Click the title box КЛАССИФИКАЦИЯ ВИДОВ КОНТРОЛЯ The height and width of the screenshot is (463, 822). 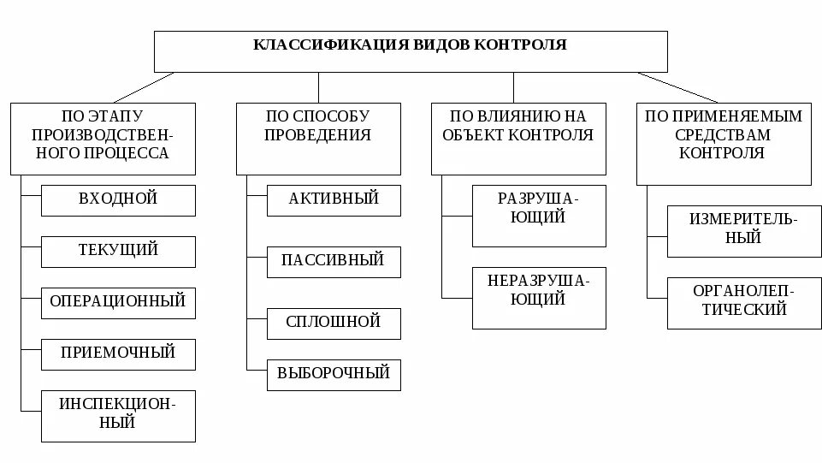pos(411,51)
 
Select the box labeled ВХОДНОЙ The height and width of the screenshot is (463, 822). pos(118,199)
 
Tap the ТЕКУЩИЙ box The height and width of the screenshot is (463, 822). pos(118,251)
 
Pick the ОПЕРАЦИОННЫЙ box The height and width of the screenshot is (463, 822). pos(118,302)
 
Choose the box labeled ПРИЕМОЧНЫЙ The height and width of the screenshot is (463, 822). pos(118,353)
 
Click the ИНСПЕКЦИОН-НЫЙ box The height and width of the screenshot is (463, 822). pos(118,415)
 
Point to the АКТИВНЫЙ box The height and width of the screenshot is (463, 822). pos(334,199)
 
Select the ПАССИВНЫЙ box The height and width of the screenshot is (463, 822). pos(334,261)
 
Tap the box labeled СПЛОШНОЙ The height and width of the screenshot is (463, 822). pos(334,323)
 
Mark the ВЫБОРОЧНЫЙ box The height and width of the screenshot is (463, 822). pos(334,374)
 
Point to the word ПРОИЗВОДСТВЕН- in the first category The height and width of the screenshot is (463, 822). pos(103,135)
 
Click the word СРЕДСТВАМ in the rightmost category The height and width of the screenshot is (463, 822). pos(723,135)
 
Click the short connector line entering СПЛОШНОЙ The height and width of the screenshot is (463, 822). pos(257,322)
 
